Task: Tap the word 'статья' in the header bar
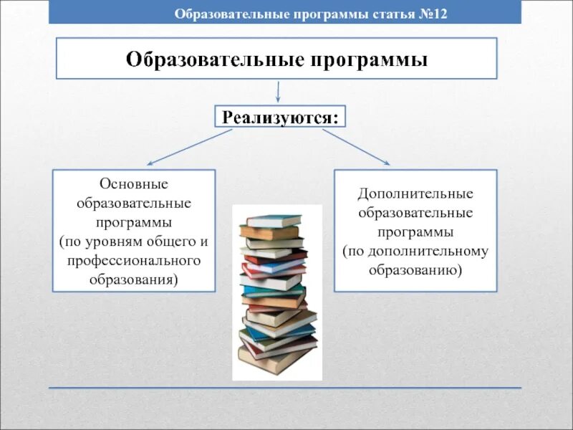pos(390,14)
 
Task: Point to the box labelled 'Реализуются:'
pos(280,116)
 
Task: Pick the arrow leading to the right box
pos(355,146)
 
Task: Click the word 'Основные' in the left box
pos(134,186)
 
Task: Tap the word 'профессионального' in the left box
pos(134,260)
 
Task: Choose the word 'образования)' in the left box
pos(134,279)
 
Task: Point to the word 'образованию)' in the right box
pos(415,270)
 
